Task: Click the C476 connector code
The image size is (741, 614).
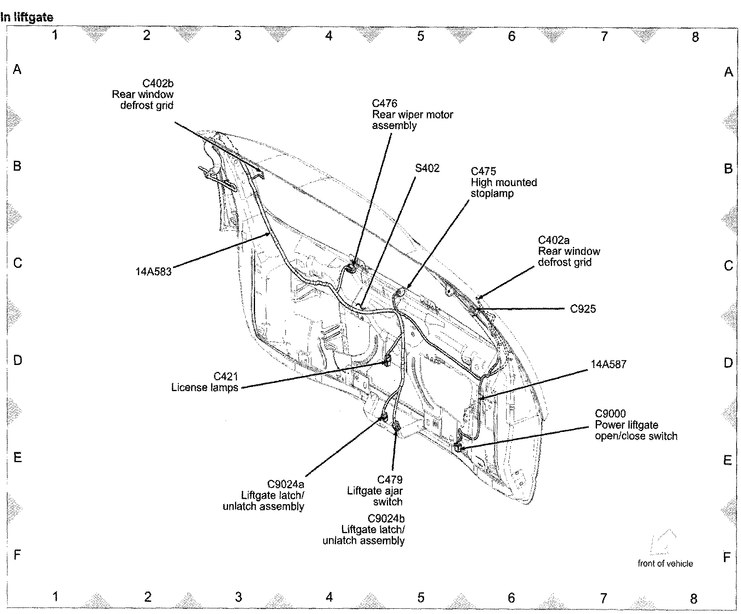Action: pyautogui.click(x=384, y=104)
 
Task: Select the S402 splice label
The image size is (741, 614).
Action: pyautogui.click(x=427, y=168)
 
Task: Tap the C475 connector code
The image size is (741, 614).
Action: pyautogui.click(x=483, y=171)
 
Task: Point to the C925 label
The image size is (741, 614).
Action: pyautogui.click(x=583, y=309)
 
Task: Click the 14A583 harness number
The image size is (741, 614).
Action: pyautogui.click(x=153, y=271)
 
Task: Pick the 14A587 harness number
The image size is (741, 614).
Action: pyautogui.click(x=608, y=364)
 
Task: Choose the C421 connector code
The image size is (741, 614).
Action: pyautogui.click(x=226, y=376)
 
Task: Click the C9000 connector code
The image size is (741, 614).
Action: pyautogui.click(x=610, y=414)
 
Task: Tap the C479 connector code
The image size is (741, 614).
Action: pyautogui.click(x=390, y=480)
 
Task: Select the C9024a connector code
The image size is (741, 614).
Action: pyautogui.click(x=286, y=484)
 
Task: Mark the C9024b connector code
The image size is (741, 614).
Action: pyautogui.click(x=386, y=518)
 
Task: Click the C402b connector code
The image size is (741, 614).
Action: pyautogui.click(x=158, y=84)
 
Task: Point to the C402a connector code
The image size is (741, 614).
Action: pyautogui.click(x=554, y=240)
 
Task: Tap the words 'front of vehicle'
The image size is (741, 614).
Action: pyautogui.click(x=665, y=564)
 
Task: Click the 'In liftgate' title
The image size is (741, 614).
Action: pyautogui.click(x=27, y=18)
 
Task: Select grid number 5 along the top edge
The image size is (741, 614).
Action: pyautogui.click(x=421, y=36)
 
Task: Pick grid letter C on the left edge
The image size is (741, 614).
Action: pyautogui.click(x=18, y=263)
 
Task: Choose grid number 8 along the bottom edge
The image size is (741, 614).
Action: pyautogui.click(x=694, y=598)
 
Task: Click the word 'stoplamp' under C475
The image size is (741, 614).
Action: pyautogui.click(x=492, y=194)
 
